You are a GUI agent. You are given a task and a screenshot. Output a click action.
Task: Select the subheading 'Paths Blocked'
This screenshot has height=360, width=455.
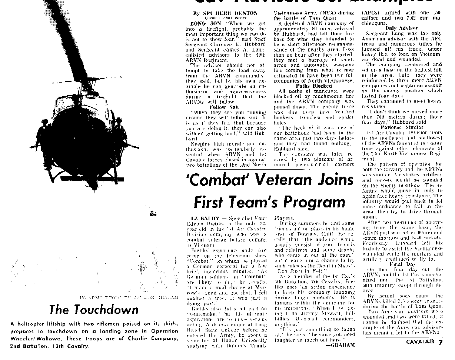point(313,86)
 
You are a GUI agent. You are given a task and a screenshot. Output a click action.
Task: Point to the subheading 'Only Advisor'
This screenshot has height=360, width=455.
point(401,28)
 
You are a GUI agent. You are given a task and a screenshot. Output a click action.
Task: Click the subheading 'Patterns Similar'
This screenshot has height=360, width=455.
point(402,127)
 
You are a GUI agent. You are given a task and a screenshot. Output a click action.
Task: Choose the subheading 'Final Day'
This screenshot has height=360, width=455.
point(402,264)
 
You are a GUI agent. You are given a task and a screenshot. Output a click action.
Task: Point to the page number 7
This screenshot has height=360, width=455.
point(440,343)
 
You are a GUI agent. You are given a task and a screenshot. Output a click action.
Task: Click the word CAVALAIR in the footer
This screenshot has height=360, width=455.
point(421,343)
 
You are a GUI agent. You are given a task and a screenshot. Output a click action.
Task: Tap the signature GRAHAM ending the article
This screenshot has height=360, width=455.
point(340,345)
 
